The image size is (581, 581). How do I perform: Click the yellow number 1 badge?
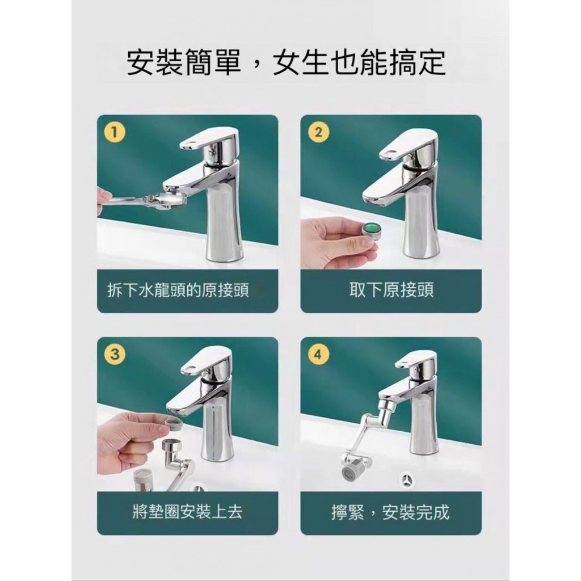pos(114,132)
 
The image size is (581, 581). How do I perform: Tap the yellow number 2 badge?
pos(318,132)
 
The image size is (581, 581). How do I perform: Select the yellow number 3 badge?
pos(115,354)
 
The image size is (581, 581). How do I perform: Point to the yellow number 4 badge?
pos(318,354)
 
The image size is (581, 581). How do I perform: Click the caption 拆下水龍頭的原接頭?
pos(178,290)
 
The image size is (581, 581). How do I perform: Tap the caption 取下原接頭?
pos(391,290)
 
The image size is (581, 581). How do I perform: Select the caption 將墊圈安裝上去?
pos(187,512)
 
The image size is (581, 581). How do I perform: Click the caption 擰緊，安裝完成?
pos(390,512)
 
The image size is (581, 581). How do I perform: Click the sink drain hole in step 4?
pos(407,481)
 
